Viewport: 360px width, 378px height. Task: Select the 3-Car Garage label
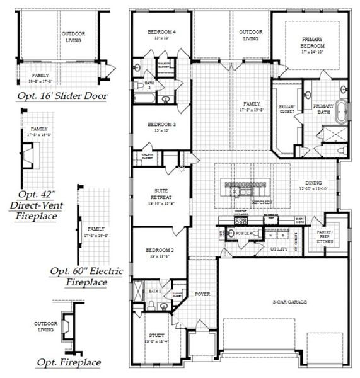tap(289, 302)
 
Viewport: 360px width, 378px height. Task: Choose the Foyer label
tap(202, 294)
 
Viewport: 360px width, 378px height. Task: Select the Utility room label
tap(279, 249)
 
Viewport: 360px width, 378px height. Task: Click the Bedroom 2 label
tap(160, 253)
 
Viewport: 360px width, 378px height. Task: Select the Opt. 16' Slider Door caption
tap(62, 96)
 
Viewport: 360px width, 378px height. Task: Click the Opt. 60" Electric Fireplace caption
tap(86, 277)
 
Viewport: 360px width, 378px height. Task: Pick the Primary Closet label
tap(287, 109)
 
